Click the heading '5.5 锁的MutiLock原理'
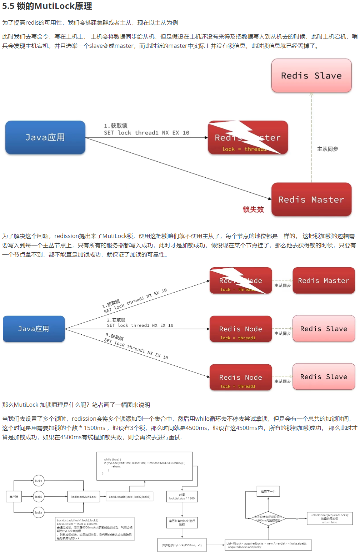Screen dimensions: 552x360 47,6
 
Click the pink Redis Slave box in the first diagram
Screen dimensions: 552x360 311,76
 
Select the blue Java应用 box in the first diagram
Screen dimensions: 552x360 45,137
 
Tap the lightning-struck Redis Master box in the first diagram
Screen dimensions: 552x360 248,137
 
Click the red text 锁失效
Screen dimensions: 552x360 253,209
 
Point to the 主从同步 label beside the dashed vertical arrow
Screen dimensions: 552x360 327,149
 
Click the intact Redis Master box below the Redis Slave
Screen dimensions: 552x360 311,199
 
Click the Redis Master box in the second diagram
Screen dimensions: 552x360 324,281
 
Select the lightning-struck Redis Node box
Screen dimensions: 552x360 241,281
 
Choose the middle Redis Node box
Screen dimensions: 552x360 241,329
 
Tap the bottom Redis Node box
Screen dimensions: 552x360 241,378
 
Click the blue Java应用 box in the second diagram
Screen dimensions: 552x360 34,329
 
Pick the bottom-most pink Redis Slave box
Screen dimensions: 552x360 324,377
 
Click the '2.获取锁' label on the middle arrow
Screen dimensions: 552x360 116,320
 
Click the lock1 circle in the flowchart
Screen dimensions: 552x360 39,481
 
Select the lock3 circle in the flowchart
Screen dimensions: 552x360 39,512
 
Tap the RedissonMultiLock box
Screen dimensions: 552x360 84,497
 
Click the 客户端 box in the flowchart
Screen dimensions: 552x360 14,497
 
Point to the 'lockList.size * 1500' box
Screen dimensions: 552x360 182,497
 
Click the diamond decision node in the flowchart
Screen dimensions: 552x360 268,518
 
